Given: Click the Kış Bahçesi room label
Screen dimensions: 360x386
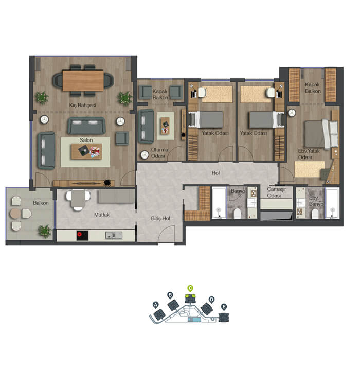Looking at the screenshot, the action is pos(82,106).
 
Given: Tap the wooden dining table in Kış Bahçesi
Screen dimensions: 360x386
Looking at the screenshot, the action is pos(83,80).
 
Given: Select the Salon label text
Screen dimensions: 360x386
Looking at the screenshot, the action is pos(86,140).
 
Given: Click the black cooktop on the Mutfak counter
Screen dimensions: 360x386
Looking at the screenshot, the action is pos(82,235).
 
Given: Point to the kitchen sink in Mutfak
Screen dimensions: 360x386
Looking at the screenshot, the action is pos(114,235).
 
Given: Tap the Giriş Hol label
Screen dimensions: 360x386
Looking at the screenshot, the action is pos(160,219).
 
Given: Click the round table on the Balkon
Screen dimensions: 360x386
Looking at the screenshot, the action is pos(15,214).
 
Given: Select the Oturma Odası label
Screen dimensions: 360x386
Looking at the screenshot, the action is pos(159,153).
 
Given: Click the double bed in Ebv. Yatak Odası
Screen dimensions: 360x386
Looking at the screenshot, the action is pos(321,134).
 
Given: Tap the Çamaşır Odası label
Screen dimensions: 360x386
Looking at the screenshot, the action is pos(276,192).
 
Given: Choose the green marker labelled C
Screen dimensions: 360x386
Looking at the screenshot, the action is pos(190,288).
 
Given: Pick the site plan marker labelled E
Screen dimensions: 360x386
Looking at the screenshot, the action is pos(224,307).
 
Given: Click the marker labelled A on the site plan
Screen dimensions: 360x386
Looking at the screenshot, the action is pos(155,305).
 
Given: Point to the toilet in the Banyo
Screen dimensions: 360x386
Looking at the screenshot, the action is pos(237,214).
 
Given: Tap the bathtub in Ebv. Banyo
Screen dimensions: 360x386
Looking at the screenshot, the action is pos(332,203).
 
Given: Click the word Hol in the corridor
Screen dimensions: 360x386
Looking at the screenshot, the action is pos(215,173).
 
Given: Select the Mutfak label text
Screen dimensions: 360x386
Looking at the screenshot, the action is pos(102,215).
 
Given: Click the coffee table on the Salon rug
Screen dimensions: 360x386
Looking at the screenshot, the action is pos(86,152).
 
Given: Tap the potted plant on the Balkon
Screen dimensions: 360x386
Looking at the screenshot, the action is pos(45,231).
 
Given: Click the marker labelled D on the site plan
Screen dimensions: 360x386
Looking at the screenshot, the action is pos(211,300).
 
